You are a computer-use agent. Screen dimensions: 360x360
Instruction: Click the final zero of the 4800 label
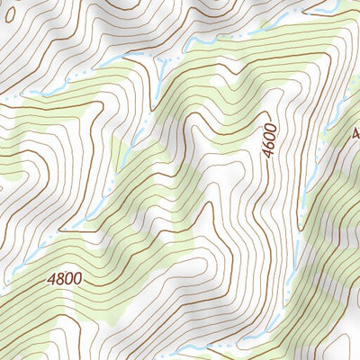[78, 278]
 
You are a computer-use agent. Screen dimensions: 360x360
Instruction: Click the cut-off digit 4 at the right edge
[356, 133]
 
